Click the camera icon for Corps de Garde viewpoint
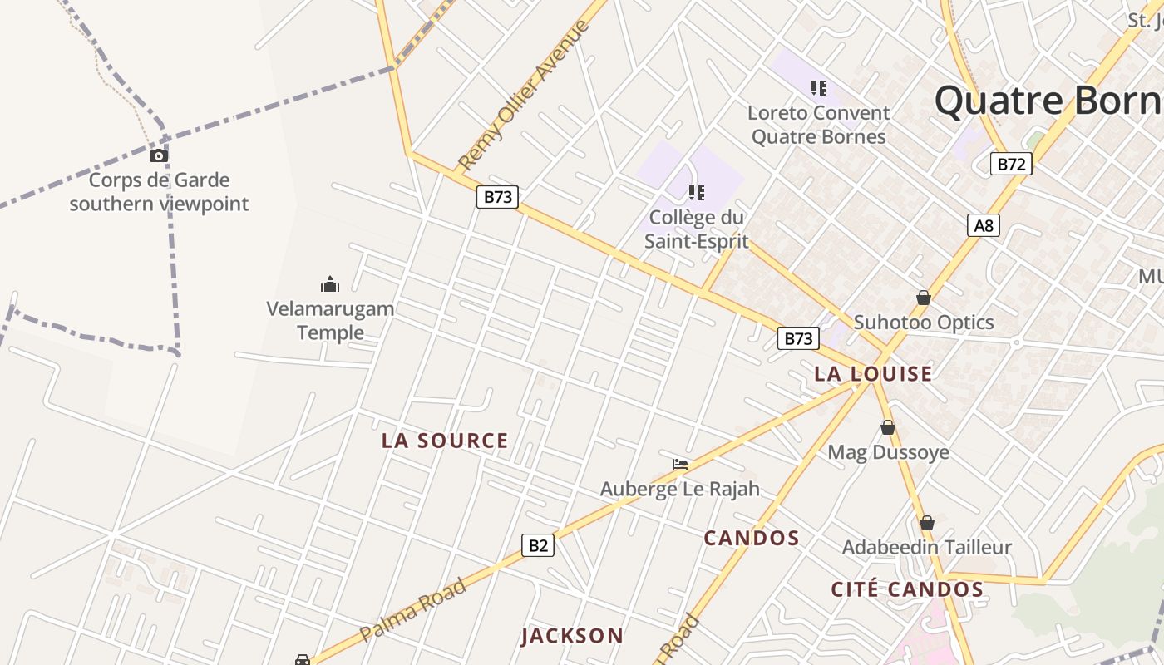[x=159, y=155]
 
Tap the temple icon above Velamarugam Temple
[x=330, y=285]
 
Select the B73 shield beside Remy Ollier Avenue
[x=497, y=197]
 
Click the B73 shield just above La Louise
[x=798, y=338]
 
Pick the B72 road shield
[x=1011, y=164]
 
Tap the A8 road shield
[x=984, y=225]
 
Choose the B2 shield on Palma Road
[x=538, y=545]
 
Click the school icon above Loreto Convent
[x=819, y=87]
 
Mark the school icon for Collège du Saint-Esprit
[x=697, y=193]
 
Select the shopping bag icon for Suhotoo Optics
[x=923, y=298]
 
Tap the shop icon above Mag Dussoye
[x=888, y=428]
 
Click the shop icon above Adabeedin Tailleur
[x=927, y=523]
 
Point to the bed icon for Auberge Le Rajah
[x=680, y=465]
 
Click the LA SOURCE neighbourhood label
[x=445, y=441]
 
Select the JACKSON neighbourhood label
[x=572, y=636]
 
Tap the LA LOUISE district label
[x=873, y=374]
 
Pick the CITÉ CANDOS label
[x=907, y=589]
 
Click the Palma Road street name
[x=413, y=610]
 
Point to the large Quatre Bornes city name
[x=1048, y=101]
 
